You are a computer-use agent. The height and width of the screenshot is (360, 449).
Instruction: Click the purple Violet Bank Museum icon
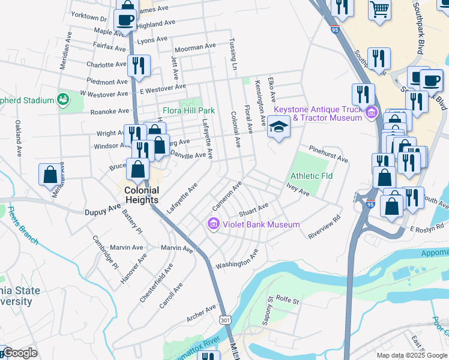click(212, 224)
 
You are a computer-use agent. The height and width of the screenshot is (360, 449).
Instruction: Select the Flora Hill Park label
click(188, 111)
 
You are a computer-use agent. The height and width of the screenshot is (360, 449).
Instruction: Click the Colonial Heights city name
click(141, 195)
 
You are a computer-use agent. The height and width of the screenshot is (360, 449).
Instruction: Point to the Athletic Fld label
click(312, 176)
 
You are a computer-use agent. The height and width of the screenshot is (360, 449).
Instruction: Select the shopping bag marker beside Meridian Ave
click(50, 174)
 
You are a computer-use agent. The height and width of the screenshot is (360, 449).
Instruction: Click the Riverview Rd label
click(324, 226)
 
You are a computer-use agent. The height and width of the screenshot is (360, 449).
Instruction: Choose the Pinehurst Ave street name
click(328, 154)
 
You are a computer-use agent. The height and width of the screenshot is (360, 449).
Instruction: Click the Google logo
click(20, 353)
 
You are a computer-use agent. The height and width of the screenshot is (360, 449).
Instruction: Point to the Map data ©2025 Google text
click(412, 355)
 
